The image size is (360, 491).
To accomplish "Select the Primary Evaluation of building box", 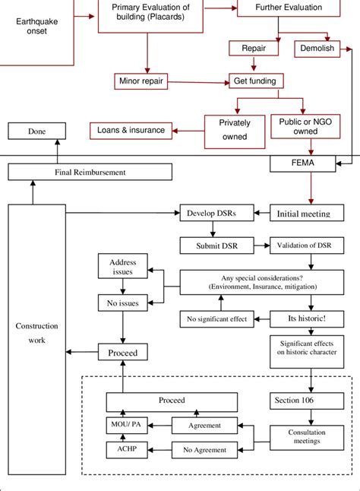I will click(x=150, y=13).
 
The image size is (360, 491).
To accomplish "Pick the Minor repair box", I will click(x=141, y=80).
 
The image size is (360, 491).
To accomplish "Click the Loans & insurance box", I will click(x=131, y=130).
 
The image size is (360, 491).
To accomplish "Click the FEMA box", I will click(x=302, y=163).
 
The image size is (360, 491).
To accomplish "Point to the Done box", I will click(x=36, y=131).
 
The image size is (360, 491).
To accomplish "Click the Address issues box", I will click(x=123, y=267).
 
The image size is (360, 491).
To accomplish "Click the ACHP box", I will click(x=123, y=450).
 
